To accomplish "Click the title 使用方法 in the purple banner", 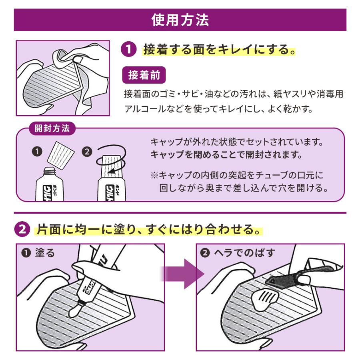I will pyautogui.click(x=180, y=20).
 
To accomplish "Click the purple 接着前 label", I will pyautogui.click(x=144, y=75).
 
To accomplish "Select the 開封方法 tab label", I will pyautogui.click(x=52, y=128).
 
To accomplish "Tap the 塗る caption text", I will pyautogui.click(x=44, y=253).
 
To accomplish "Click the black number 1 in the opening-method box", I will pyautogui.click(x=37, y=152).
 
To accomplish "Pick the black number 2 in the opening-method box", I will pyautogui.click(x=87, y=152).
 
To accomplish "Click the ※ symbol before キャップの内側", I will pyautogui.click(x=154, y=175).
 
